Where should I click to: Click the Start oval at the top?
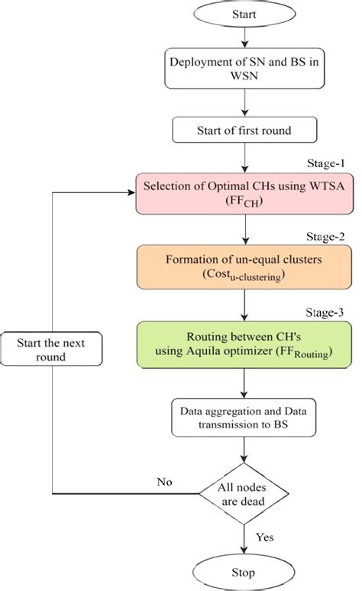click(242, 14)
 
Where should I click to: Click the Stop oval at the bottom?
click(244, 572)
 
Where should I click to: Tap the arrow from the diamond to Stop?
click(244, 538)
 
